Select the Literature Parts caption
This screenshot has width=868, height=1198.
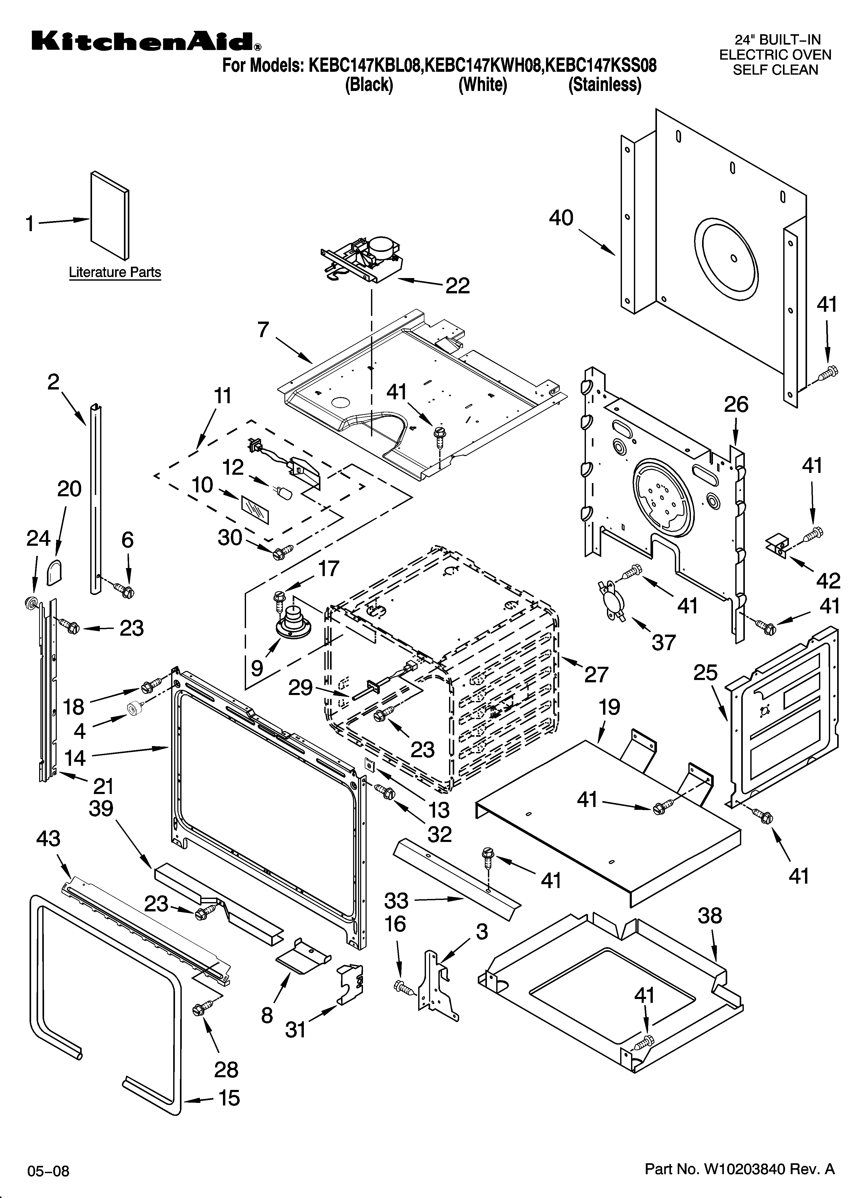click(x=115, y=273)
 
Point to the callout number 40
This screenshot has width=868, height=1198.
click(x=561, y=218)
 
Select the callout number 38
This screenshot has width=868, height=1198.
click(x=709, y=915)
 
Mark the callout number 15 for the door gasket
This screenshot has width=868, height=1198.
click(x=229, y=1098)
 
